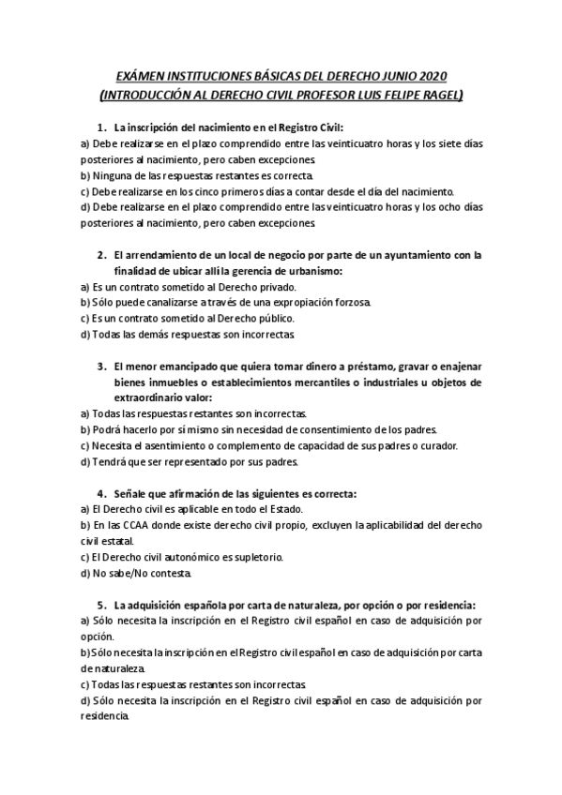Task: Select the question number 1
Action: (101, 127)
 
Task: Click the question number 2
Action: (101, 255)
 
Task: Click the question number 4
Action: (101, 494)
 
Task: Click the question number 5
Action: (101, 606)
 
